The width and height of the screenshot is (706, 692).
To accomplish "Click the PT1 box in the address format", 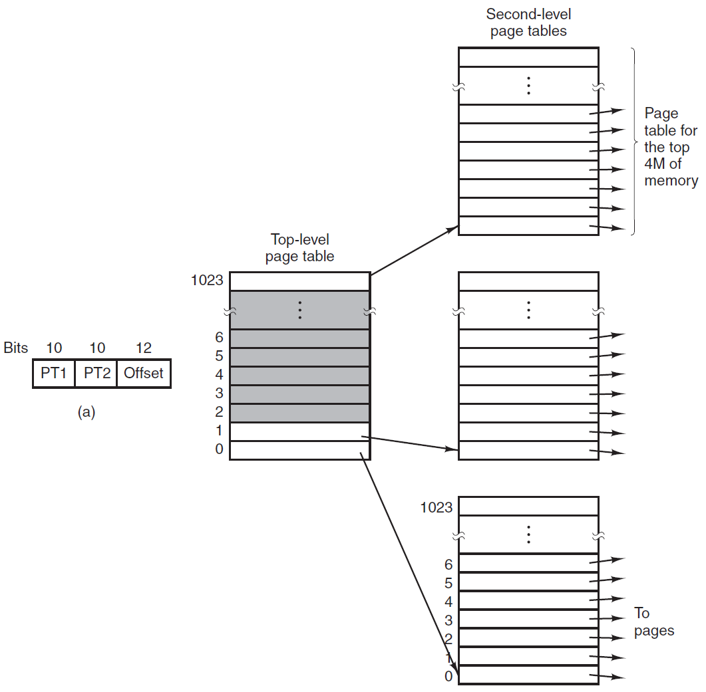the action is (x=54, y=373).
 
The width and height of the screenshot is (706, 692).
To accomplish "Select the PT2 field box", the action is (x=96, y=373).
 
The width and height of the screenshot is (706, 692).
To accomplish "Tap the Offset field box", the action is (x=144, y=373).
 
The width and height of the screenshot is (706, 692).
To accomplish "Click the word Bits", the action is (x=16, y=348).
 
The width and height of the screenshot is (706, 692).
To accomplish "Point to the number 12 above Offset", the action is (x=144, y=348).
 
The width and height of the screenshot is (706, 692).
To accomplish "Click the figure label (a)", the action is (x=87, y=411).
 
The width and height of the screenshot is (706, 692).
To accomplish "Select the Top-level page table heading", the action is (x=300, y=247).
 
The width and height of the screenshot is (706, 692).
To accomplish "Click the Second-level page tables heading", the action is (x=528, y=23).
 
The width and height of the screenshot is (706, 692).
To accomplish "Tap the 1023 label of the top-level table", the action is (x=207, y=281).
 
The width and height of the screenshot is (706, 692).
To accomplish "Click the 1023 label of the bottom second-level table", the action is (x=437, y=507).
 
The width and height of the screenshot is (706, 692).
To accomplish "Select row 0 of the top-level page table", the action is (x=300, y=451).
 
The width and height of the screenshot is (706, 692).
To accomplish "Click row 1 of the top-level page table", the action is (x=300, y=432).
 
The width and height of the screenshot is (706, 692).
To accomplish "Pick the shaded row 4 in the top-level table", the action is (x=300, y=376).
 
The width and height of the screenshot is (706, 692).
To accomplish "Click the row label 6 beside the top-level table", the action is (x=220, y=337).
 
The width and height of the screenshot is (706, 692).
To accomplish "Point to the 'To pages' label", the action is (x=654, y=622).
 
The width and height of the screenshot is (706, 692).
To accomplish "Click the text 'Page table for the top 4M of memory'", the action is (x=671, y=147).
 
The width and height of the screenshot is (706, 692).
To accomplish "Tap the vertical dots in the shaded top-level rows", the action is (x=300, y=310).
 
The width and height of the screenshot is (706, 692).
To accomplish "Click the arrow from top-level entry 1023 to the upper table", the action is (x=415, y=251).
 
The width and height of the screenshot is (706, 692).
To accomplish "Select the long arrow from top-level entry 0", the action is (x=409, y=564).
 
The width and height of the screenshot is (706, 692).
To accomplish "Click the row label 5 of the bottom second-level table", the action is (x=448, y=583).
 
